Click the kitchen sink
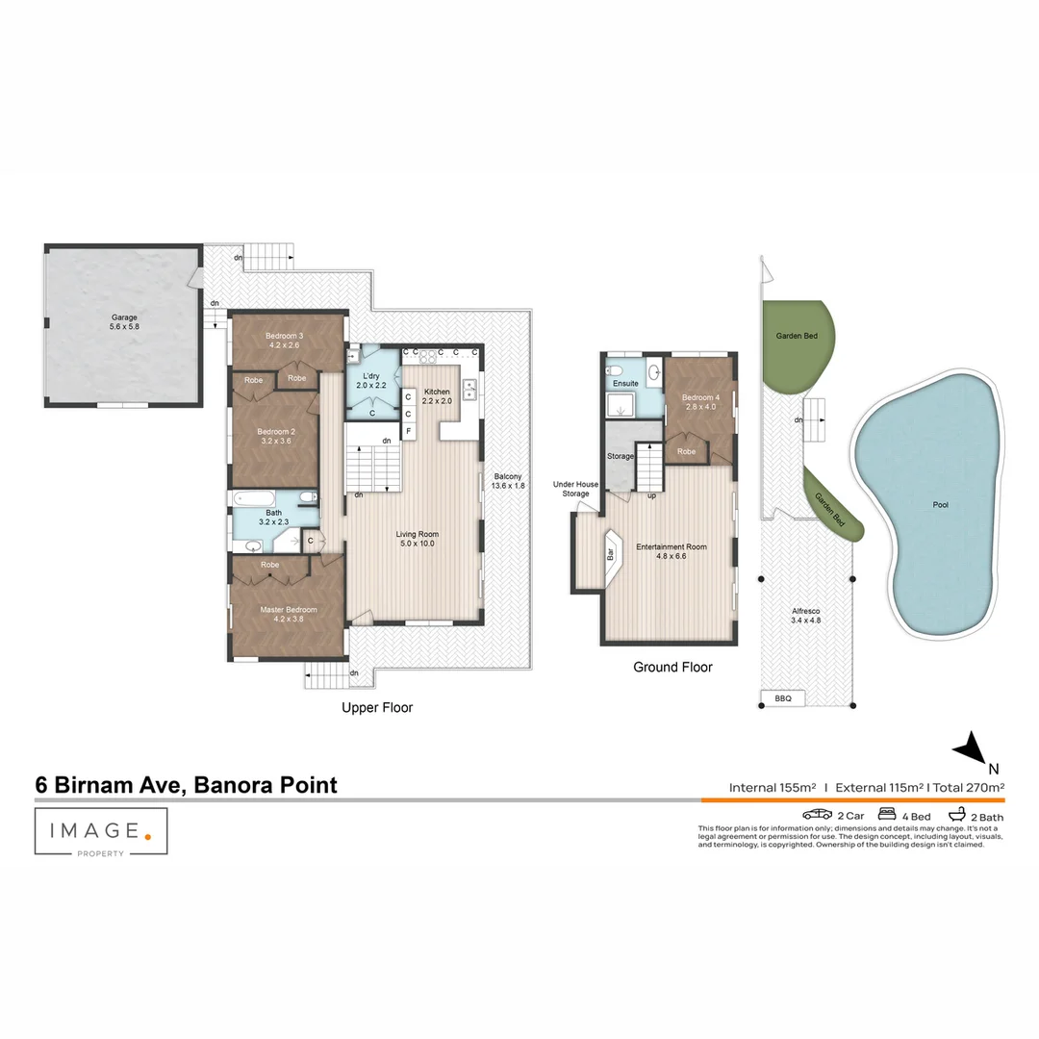(471, 389)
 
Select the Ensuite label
(625, 384)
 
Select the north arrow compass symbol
(972, 748)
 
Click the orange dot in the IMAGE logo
(147, 836)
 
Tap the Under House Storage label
(575, 489)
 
